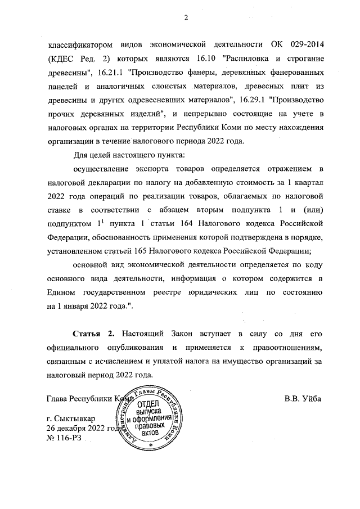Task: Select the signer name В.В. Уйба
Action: (x=303, y=400)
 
